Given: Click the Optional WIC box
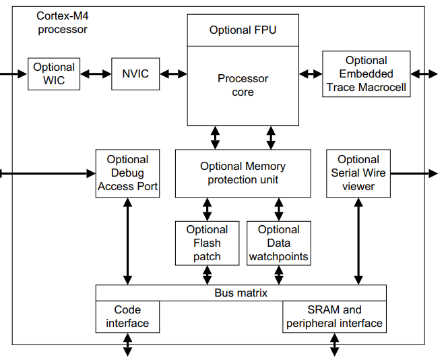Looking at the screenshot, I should (x=54, y=73).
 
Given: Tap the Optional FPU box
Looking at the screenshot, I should (x=243, y=30).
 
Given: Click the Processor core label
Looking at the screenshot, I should (x=243, y=85).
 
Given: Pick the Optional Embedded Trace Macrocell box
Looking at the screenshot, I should (x=366, y=73).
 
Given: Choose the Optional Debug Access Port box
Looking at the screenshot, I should (x=127, y=173).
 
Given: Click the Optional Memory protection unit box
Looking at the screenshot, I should (x=243, y=173).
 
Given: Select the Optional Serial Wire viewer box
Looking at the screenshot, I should (x=358, y=173).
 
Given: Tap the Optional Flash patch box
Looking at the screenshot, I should (x=207, y=243).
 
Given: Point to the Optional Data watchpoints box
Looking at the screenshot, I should (x=278, y=243).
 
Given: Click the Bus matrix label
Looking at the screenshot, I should (x=241, y=293).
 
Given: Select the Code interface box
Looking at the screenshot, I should (x=127, y=317).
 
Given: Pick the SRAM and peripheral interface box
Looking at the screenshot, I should (x=334, y=317).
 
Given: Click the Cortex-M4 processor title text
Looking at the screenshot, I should (x=63, y=22).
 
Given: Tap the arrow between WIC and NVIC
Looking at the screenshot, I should (x=96, y=73).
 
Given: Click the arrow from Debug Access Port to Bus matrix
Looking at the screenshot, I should (x=127, y=241).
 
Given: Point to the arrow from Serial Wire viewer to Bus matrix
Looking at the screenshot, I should (x=358, y=241).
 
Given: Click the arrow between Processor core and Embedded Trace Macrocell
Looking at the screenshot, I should (x=311, y=73).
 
